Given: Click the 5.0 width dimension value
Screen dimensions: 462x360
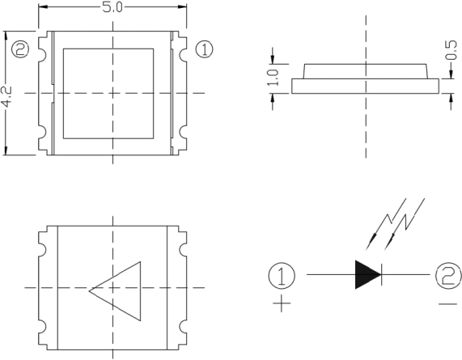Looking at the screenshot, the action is [112, 7].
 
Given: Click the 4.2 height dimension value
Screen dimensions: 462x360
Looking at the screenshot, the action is [6, 96].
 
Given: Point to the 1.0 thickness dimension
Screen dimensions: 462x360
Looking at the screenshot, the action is [273, 78].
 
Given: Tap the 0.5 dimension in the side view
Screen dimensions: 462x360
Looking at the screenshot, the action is [451, 50].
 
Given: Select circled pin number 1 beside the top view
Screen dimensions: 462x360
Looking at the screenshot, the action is [204, 49].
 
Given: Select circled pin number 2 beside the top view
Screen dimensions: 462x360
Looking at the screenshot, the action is [20, 49].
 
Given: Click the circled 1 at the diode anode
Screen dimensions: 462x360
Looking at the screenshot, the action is [282, 275].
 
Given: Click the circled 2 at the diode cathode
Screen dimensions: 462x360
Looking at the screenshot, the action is [448, 275].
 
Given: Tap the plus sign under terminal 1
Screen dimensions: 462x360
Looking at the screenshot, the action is [282, 303].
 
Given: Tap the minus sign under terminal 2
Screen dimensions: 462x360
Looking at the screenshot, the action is [448, 303].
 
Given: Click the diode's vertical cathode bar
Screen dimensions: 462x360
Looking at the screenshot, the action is [382, 274].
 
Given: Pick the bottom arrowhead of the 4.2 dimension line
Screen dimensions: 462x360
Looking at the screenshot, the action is [6, 150].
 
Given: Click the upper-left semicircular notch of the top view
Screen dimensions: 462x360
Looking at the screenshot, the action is [43, 54].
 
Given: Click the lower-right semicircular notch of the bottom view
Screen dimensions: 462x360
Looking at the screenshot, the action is [182, 327].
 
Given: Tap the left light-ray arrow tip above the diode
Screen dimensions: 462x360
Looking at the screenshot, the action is [367, 248].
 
